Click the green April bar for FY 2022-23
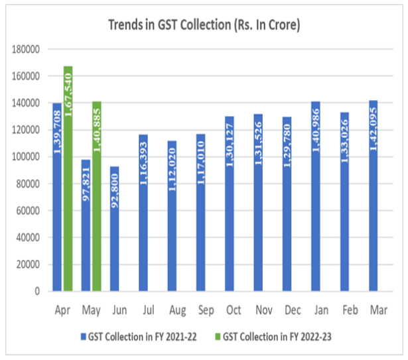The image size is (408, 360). click(x=68, y=179)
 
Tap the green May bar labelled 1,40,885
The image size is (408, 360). click(x=96, y=196)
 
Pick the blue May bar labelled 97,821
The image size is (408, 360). click(x=86, y=225)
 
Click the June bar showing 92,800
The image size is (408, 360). click(x=115, y=229)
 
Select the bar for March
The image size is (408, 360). click(x=373, y=196)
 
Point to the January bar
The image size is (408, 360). click(x=315, y=196)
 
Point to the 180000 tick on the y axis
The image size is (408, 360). click(x=26, y=49)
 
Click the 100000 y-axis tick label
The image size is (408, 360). click(x=26, y=157)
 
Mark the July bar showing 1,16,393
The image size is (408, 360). click(x=143, y=213)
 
